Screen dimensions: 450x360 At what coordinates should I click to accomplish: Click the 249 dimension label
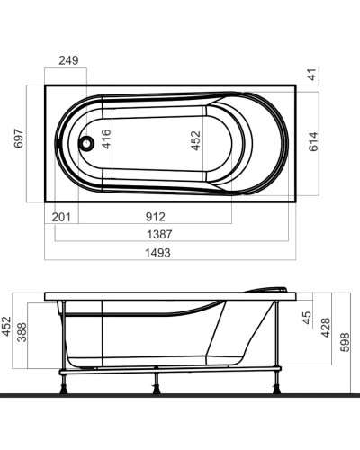tap(68, 61)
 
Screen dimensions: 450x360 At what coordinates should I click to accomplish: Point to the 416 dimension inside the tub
tap(106, 139)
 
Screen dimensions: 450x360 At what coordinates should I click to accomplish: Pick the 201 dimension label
tap(63, 217)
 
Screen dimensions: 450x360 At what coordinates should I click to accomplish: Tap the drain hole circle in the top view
tap(86, 142)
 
